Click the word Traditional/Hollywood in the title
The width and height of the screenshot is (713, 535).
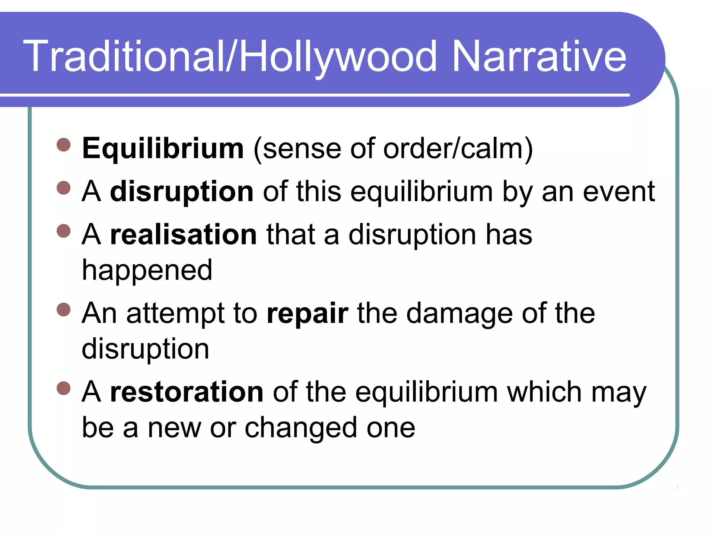[230, 56]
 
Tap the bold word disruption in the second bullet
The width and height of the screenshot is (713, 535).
[182, 192]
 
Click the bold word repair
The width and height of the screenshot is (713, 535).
[307, 313]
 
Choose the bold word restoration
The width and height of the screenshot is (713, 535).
[187, 392]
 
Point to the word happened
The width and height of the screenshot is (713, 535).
[147, 270]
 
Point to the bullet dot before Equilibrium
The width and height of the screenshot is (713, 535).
[63, 145]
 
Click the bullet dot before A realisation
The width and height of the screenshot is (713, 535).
[63, 231]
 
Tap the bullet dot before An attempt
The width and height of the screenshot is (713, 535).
[63, 309]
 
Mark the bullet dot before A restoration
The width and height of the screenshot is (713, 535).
[63, 388]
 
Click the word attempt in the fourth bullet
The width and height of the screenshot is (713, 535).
[175, 313]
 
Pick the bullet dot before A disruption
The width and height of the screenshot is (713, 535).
[63, 188]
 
